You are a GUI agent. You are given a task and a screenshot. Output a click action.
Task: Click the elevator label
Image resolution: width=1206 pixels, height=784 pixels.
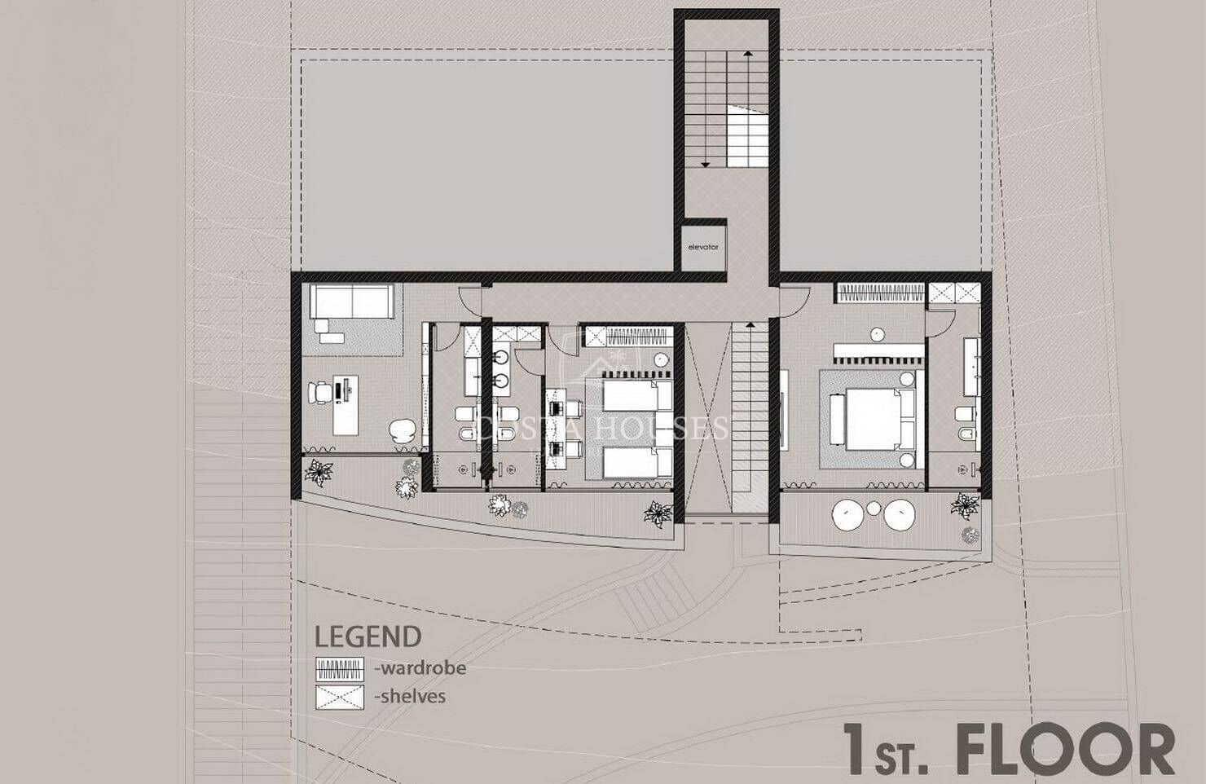(702, 247)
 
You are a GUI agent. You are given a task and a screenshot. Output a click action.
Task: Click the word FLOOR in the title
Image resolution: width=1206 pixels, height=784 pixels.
(1066, 751)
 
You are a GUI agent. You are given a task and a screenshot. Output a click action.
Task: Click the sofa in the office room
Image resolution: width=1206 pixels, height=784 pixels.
(351, 302)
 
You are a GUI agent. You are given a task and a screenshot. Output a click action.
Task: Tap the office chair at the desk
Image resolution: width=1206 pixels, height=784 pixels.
(320, 394)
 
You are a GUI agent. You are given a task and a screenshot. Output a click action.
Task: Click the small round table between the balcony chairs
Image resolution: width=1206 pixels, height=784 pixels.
(874, 509)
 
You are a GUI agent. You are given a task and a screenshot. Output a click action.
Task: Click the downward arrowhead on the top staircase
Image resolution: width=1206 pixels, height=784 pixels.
(706, 165)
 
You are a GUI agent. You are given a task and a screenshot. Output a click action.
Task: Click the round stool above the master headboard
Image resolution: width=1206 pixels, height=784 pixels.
(878, 333)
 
